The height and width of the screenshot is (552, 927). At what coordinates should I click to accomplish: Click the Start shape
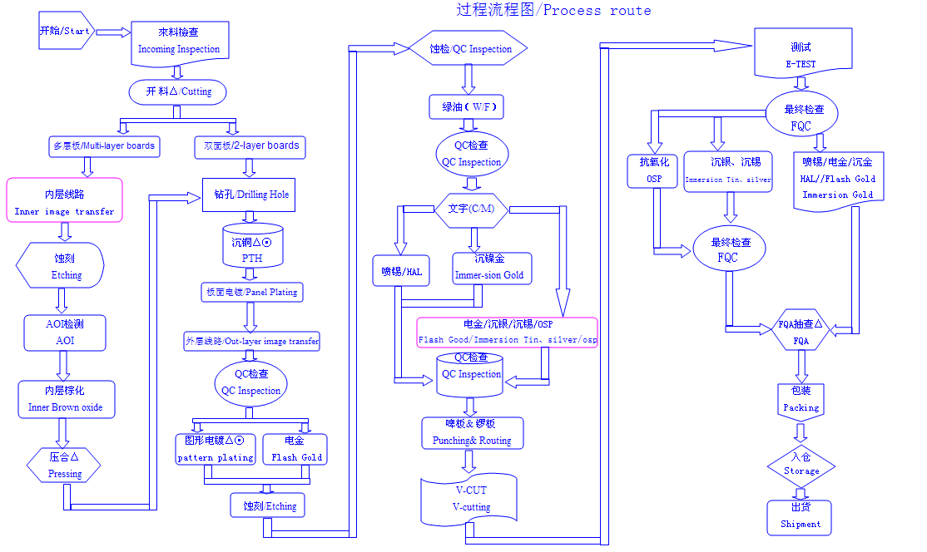tap(65, 32)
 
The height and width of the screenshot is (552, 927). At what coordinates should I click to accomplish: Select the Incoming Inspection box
tap(179, 41)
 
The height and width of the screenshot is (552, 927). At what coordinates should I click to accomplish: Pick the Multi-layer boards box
tap(104, 146)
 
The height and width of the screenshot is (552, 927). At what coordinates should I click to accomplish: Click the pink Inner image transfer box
tap(64, 200)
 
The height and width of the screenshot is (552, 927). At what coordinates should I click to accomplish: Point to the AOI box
tap(65, 333)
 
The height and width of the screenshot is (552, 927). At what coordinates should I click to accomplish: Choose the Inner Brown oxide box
tap(66, 399)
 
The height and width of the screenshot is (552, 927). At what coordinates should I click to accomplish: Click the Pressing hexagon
tap(64, 466)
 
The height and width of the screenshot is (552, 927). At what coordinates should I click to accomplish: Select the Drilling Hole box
tap(247, 195)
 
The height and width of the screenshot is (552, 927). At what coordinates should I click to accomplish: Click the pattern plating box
tap(216, 449)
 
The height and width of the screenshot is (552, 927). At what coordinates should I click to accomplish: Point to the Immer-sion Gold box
tap(490, 267)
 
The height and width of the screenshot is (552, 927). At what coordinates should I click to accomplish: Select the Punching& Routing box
tap(473, 433)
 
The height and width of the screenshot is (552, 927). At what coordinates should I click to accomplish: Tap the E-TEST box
tap(802, 53)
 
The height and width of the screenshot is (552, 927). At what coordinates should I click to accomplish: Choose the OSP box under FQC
tap(653, 171)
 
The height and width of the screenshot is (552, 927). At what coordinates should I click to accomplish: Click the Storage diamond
tap(801, 464)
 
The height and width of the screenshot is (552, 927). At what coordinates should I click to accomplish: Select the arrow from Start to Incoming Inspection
tap(114, 32)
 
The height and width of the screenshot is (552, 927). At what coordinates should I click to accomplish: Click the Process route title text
tap(553, 11)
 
